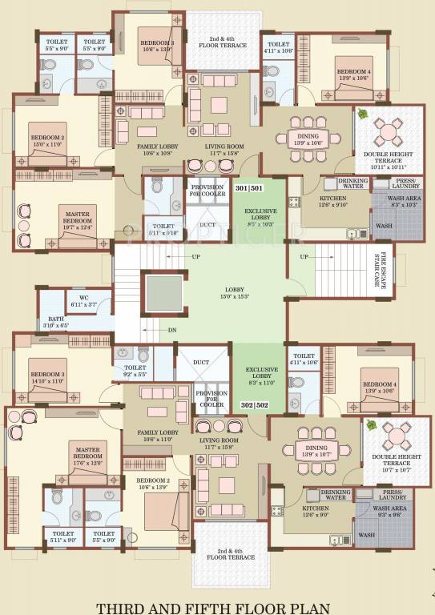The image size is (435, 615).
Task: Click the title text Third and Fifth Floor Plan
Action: click(217, 606)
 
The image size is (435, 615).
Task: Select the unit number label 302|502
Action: click(255, 405)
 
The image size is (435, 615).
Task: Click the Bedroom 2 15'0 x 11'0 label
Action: click(47, 141)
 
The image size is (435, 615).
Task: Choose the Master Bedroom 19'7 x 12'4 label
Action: click(77, 223)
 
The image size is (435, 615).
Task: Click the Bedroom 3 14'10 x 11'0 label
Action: click(46, 377)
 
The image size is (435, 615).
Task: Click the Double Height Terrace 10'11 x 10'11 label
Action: click(388, 163)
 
